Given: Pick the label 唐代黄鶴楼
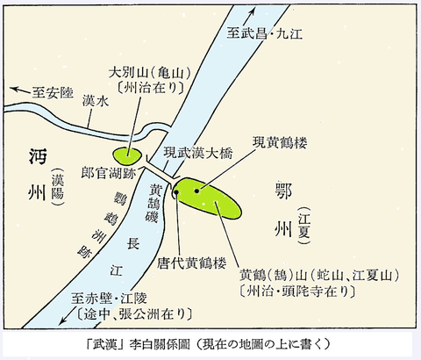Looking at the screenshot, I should click(x=180, y=262).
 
